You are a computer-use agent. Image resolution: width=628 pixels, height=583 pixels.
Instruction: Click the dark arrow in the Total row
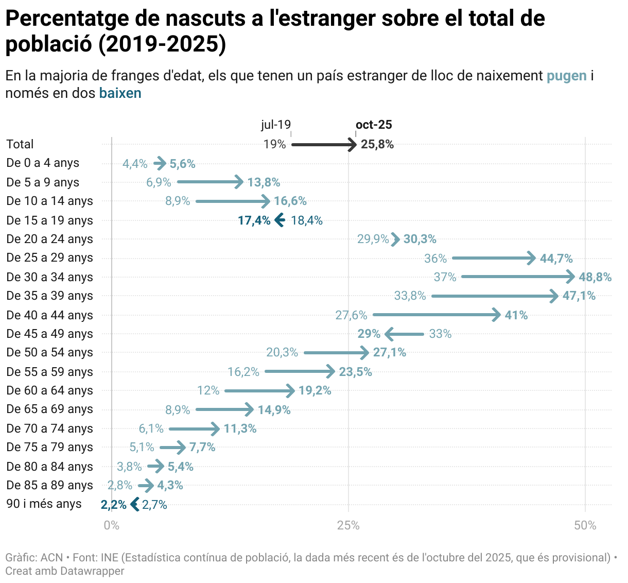pos(324,145)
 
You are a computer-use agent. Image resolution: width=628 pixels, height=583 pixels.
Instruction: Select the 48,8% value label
pos(595,277)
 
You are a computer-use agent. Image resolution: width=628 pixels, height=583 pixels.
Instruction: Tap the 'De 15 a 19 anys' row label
pos(49,220)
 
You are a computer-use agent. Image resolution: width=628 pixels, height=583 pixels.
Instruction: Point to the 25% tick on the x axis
pos(348,525)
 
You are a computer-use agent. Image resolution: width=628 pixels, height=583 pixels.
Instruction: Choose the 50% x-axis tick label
pos(585,525)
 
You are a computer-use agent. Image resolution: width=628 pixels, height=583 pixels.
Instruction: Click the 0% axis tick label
pos(111,525)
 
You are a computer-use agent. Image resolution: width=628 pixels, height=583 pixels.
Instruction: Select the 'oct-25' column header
pos(374,125)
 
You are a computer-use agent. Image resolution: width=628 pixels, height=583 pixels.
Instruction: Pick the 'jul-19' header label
pos(276,125)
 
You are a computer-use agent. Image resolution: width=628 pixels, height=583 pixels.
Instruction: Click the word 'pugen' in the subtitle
pos(566,76)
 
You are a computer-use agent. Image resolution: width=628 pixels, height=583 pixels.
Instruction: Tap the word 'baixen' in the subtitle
pos(120,93)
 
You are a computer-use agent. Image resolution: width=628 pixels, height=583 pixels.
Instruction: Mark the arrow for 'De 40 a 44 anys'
pos(436,315)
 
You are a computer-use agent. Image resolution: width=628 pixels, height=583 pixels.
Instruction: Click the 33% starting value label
pos(440,334)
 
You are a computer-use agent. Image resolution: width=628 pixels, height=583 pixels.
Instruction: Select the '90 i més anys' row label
pos(44,504)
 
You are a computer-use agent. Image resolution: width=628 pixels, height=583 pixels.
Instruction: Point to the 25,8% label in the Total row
pos(377,144)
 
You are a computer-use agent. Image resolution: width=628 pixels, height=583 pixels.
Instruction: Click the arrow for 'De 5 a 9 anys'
pos(210,182)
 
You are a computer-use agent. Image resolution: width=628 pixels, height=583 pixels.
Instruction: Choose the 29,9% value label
pos(373,239)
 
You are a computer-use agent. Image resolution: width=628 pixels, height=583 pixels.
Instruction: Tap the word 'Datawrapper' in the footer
pos(92,571)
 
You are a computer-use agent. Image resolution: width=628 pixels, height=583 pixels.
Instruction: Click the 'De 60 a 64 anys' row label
pos(49,390)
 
